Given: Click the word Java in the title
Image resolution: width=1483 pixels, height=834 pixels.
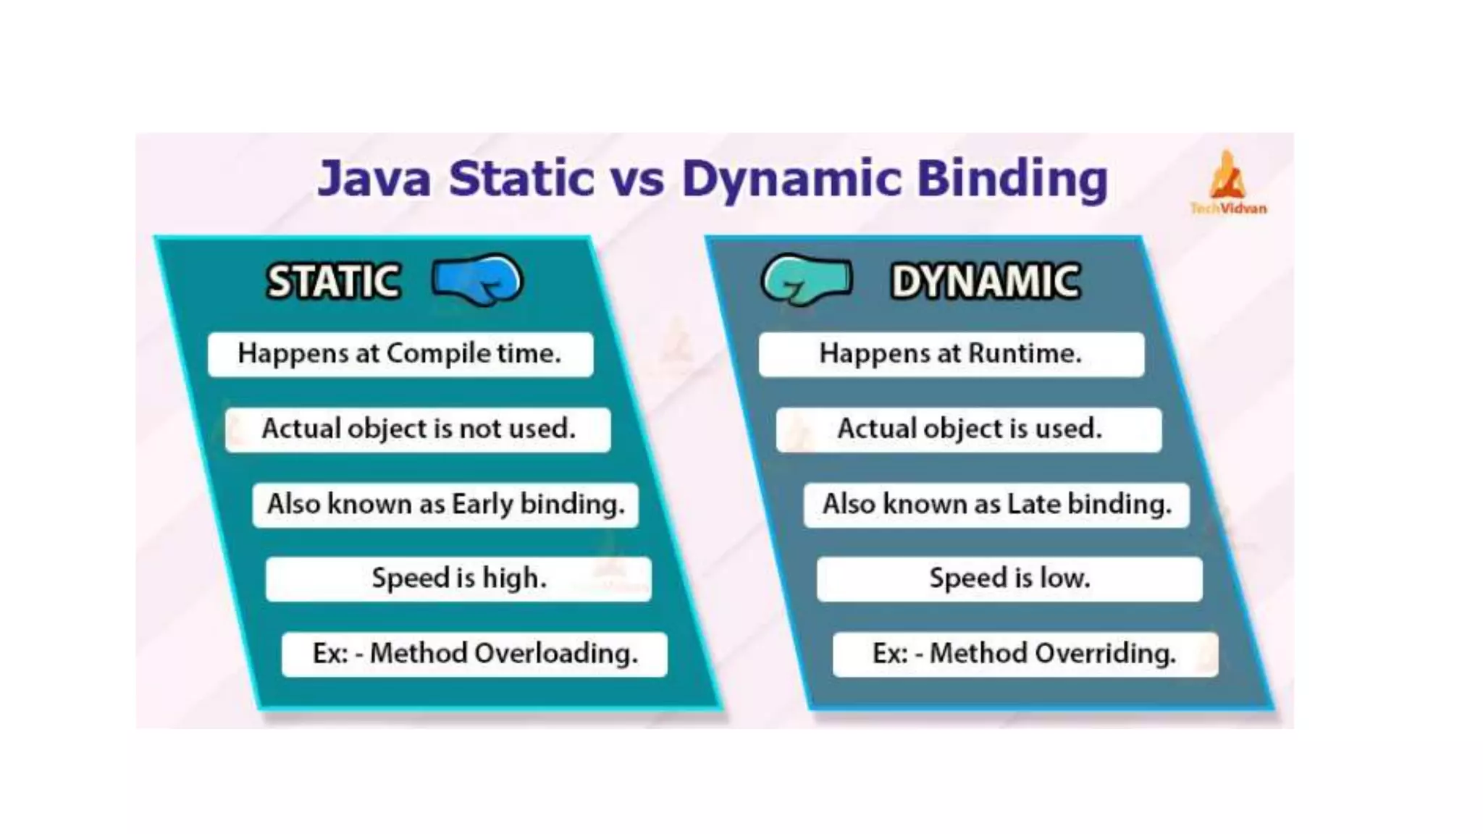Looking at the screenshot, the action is (x=374, y=179).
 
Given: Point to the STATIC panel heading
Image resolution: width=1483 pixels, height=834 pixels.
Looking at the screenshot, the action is (x=333, y=281).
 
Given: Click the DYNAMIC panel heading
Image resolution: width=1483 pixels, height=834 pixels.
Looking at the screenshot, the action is (x=986, y=281).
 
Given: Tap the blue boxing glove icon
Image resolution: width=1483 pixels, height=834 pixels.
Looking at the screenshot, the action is (x=477, y=279).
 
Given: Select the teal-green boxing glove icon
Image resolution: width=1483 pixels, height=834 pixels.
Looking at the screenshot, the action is (x=806, y=279).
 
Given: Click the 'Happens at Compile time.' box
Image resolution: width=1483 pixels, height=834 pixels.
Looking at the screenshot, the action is (x=400, y=354).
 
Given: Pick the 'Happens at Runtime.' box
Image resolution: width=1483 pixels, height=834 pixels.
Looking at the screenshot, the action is (x=951, y=354).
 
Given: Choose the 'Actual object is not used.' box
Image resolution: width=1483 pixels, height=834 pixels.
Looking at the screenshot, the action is (x=418, y=429).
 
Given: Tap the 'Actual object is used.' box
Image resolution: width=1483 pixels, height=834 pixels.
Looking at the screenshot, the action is (x=969, y=429).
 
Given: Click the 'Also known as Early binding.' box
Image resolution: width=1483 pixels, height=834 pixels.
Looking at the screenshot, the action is (x=445, y=505).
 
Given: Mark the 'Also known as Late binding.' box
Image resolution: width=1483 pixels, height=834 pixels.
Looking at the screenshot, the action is (x=996, y=505).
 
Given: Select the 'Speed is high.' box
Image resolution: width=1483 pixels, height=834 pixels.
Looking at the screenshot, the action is (x=458, y=578).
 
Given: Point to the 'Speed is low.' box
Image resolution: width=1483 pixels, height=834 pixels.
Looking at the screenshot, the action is (x=1009, y=578).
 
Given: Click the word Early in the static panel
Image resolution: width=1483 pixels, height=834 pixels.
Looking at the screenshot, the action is (x=482, y=505).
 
